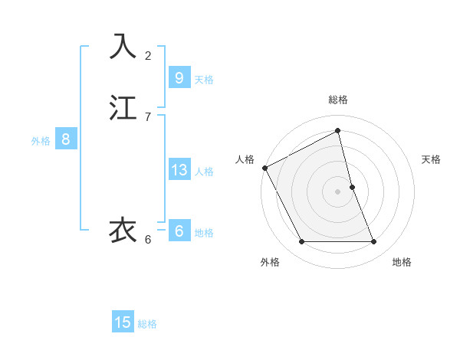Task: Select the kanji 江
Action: (x=123, y=108)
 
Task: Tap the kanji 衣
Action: (x=123, y=230)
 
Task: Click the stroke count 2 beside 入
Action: (x=148, y=56)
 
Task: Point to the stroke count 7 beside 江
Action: (x=148, y=117)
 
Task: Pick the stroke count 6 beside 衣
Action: (x=148, y=240)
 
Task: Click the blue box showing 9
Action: (x=179, y=77)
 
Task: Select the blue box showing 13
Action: (x=179, y=170)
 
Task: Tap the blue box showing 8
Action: (x=66, y=139)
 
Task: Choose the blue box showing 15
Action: (x=123, y=322)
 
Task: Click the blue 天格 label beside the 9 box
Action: (x=204, y=79)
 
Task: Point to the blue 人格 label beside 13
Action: (x=204, y=172)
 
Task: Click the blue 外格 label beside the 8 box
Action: (x=41, y=141)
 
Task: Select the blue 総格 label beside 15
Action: (x=147, y=324)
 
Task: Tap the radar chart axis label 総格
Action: (x=338, y=100)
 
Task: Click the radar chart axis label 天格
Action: (x=432, y=159)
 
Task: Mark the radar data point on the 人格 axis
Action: (x=264, y=168)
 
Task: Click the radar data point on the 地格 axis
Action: (x=374, y=242)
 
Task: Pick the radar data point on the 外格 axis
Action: (x=301, y=242)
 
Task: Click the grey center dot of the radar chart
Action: (x=338, y=191)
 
